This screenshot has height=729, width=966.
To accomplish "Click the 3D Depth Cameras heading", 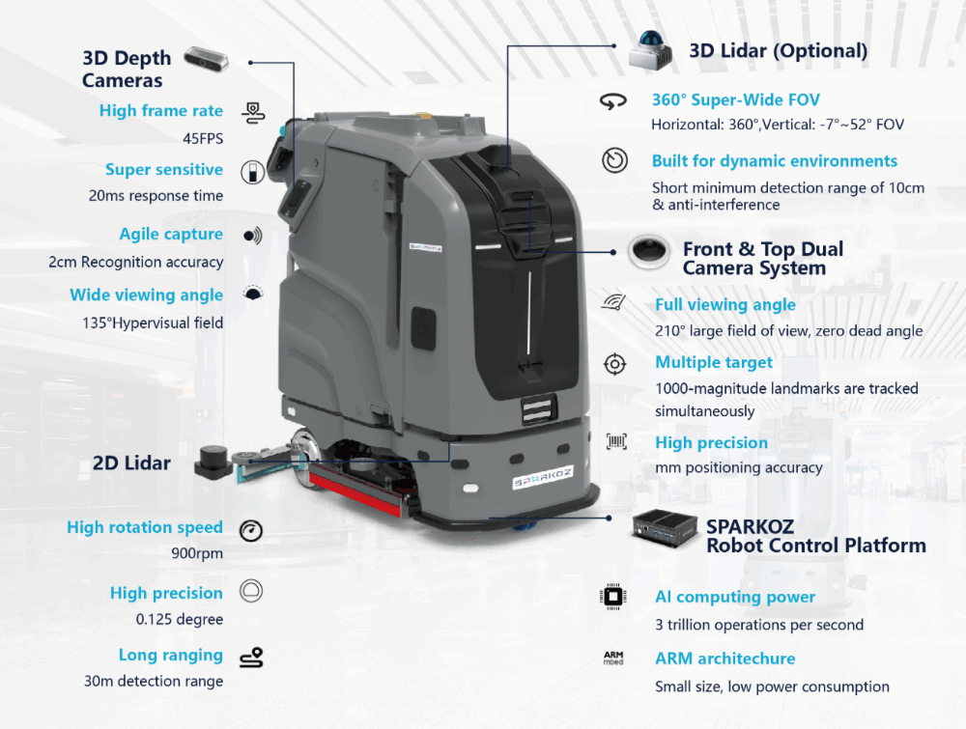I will point(126,69).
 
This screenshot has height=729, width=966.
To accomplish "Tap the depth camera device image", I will point(207,59).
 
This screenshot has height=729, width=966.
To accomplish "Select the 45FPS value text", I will point(203,138).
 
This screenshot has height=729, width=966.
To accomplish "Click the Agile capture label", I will point(171,235).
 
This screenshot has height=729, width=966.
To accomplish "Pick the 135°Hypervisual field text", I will point(153,322).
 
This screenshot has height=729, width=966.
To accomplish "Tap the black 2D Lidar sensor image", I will point(213,461).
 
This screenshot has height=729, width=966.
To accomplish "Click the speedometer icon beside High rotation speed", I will point(250,529).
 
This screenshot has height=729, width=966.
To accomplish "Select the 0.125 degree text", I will point(180,619).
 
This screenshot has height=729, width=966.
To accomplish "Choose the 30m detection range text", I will point(154,681).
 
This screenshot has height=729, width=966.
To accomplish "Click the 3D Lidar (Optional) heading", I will point(778,51).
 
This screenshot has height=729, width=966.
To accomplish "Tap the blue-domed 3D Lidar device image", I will point(650,48).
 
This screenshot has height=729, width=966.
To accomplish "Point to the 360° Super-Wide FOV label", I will point(735,99).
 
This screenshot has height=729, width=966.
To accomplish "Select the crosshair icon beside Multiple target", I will point(614,364).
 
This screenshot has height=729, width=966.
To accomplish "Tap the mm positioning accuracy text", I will point(738,467).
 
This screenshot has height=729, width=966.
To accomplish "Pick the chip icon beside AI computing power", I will point(613,598).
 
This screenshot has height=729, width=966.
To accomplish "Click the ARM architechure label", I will point(724,659).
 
